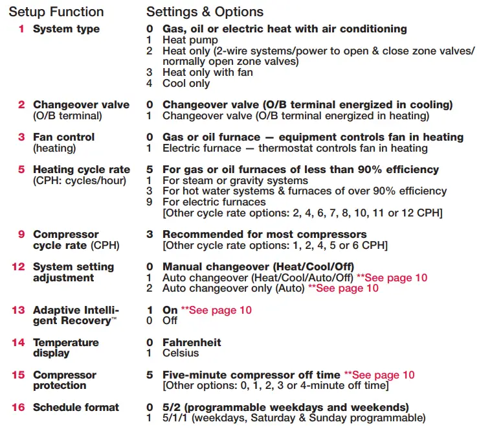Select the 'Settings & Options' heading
pos(205,12)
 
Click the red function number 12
pos(18,267)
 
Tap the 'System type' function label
pos(66,29)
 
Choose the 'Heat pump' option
pos(190,40)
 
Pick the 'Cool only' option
pos(186,83)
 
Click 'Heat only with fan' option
pos(207,73)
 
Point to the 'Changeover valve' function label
pos(81,105)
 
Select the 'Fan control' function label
pos(63,137)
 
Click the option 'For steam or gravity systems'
pos(235,180)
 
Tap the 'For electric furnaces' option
pos(214,202)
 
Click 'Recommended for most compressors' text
pos(264,235)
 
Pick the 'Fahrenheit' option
pos(192,342)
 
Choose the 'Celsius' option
pos(181,353)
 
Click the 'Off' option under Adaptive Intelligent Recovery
pos(170,321)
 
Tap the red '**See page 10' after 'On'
pos(216,310)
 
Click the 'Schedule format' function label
pos(76,407)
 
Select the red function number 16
pos(18,407)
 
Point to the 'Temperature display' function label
pos(66,347)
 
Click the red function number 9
pos(21,235)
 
